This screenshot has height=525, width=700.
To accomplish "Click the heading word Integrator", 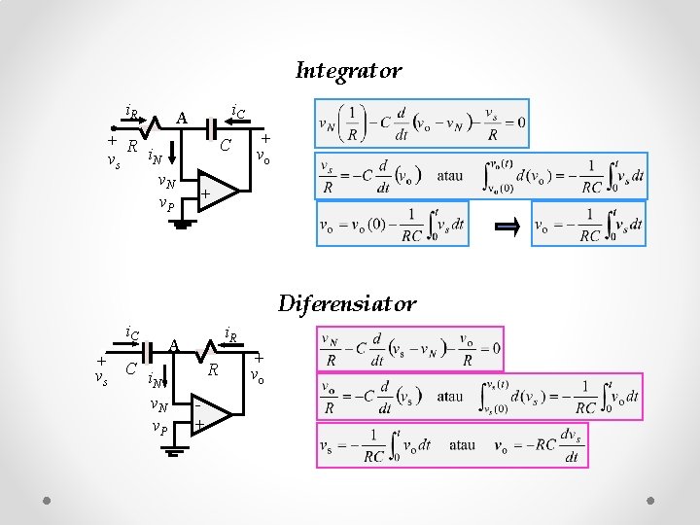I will pyautogui.click(x=348, y=71).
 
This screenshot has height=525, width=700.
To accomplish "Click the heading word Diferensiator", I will pyautogui.click(x=347, y=303).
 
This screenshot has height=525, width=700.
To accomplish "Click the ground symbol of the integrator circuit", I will pyautogui.click(x=182, y=225).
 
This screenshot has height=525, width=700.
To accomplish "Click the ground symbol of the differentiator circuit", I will pyautogui.click(x=175, y=451).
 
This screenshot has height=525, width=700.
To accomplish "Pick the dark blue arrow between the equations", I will pyautogui.click(x=507, y=227).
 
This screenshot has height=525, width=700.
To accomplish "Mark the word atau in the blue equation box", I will pyautogui.click(x=450, y=177).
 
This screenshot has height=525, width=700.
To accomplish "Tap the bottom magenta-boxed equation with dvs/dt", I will pyautogui.click(x=451, y=445).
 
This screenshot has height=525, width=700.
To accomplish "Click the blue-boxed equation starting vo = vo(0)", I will pyautogui.click(x=392, y=225).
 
